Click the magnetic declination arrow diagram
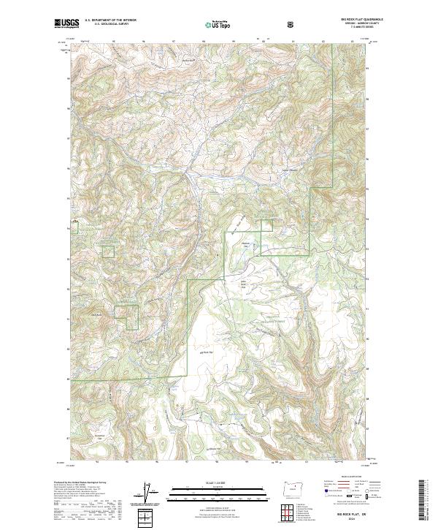150,492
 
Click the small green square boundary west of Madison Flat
109,251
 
